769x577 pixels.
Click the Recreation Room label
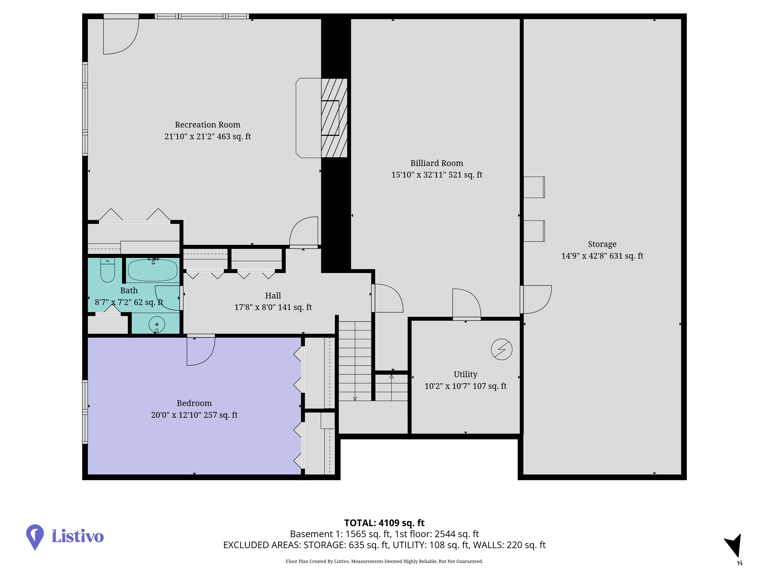tap(208, 124)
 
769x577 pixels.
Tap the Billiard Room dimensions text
tap(437, 175)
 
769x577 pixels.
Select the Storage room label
tap(602, 244)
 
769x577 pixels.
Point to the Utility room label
tap(465, 374)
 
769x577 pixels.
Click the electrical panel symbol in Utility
tap(502, 349)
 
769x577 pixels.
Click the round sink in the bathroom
tap(157, 324)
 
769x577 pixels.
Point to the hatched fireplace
tap(334, 118)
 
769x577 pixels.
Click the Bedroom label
tap(194, 403)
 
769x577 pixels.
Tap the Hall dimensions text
tap(273, 307)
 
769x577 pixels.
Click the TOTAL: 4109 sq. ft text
tap(384, 523)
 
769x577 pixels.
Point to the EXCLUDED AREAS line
tap(384, 545)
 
